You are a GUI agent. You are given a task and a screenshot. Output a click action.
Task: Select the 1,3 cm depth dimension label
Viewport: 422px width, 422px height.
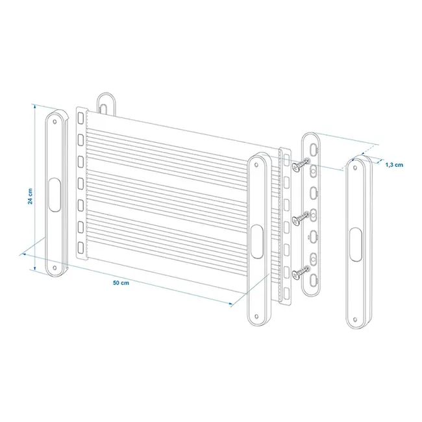[x=394, y=165]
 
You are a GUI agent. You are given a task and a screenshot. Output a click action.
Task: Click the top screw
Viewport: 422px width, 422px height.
[x=299, y=168]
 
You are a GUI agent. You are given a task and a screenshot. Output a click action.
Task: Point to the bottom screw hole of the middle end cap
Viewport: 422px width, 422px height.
[x=258, y=317]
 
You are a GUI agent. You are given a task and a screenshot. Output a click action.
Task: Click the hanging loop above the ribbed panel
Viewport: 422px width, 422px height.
[x=106, y=103]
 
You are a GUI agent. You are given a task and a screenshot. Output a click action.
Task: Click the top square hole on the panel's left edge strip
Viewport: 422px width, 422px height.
[x=81, y=118]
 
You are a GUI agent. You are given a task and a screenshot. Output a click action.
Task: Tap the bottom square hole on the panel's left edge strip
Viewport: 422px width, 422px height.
[x=81, y=248]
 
